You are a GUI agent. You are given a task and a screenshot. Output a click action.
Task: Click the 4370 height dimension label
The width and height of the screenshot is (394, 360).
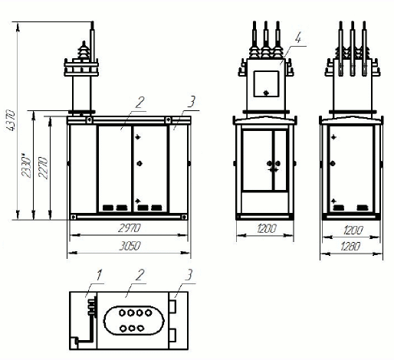(x=11, y=120)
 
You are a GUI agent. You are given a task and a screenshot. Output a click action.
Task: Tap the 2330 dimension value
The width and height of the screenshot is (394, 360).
(x=26, y=165)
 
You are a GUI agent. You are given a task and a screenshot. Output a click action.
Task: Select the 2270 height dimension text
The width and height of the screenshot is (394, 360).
(x=43, y=168)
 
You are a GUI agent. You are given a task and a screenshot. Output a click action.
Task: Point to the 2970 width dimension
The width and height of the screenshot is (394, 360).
(x=130, y=227)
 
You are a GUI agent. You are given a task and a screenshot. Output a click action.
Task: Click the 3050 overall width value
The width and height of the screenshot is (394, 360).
(x=130, y=246)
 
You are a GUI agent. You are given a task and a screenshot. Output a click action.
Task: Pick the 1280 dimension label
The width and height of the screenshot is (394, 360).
(x=350, y=247)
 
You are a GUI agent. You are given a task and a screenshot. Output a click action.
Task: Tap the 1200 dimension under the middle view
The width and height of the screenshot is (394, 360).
(x=267, y=228)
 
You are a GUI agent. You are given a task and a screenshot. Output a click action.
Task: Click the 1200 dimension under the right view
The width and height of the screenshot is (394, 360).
(x=353, y=231)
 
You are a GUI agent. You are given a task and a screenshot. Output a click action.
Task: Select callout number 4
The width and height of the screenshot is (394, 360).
(x=298, y=38)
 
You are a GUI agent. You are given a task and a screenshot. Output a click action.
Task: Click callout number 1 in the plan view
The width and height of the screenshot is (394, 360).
(x=99, y=275)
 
